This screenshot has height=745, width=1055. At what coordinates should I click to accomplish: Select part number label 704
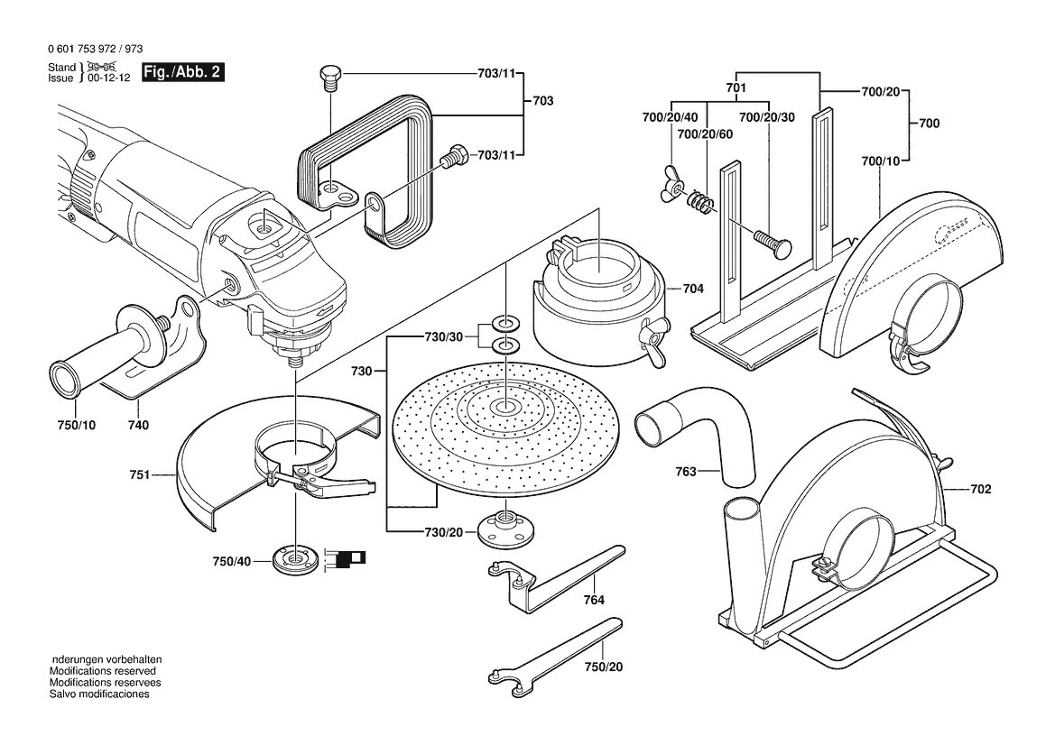[693, 290]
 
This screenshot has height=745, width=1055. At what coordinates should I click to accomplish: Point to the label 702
[981, 490]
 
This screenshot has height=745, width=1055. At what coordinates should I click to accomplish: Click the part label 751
[140, 473]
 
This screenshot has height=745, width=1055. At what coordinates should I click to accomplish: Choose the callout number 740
[138, 425]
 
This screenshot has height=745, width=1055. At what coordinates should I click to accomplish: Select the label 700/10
[881, 161]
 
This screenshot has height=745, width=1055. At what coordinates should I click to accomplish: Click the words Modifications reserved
[102, 672]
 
